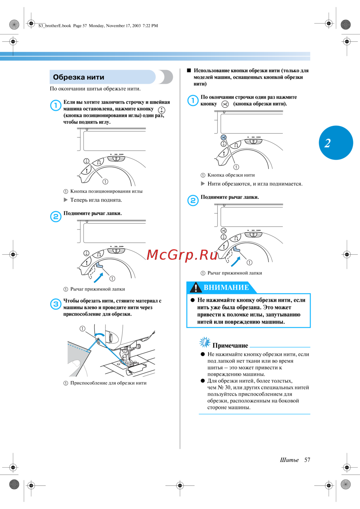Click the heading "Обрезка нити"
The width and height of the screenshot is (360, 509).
(x=78, y=77)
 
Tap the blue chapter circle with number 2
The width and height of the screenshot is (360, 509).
(x=336, y=143)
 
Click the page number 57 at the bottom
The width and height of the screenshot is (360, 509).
(x=307, y=460)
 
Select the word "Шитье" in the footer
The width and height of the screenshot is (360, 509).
(x=289, y=460)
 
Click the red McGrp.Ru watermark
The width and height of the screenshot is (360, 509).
(x=182, y=255)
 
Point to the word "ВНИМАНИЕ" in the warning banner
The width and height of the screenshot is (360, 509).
(x=226, y=287)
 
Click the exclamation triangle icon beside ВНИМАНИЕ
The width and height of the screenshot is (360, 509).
(x=196, y=287)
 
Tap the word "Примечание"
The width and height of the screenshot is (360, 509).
(x=230, y=345)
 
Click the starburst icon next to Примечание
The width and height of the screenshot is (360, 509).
(x=205, y=342)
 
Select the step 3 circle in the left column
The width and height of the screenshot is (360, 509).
(x=55, y=304)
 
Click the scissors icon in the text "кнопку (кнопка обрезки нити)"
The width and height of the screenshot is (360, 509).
(x=225, y=104)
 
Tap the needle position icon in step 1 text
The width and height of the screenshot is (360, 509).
(x=162, y=110)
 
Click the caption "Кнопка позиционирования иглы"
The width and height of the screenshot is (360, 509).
(x=106, y=191)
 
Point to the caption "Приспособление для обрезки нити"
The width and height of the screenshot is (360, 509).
(x=108, y=383)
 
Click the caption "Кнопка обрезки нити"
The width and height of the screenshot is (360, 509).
(x=231, y=175)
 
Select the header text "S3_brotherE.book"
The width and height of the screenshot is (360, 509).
(x=55, y=26)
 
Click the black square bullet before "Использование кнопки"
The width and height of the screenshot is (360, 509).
(x=189, y=71)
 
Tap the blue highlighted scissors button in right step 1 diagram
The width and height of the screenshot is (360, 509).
(x=224, y=137)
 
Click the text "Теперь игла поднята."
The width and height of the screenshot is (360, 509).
(x=96, y=200)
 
